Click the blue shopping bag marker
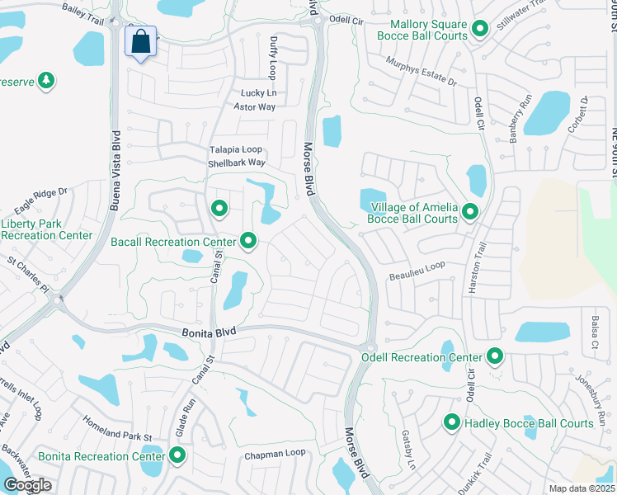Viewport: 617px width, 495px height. tap(141, 41)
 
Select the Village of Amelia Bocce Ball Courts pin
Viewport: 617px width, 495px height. tap(470, 213)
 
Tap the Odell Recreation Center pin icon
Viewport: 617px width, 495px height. tap(495, 357)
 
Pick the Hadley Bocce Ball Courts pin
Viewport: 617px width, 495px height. tap(452, 423)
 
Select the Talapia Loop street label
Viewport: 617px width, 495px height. tap(235, 149)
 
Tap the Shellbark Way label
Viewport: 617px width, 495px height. tap(236, 163)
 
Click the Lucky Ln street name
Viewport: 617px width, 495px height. tap(257, 93)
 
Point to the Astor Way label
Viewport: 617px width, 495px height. tap(254, 106)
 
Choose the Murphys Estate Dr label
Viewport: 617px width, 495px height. tap(422, 71)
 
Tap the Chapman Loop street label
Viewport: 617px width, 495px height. tap(274, 453)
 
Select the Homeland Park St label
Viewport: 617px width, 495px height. tap(117, 427)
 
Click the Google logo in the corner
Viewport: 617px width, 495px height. tap(27, 485)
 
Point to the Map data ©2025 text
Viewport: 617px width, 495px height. tap(582, 488)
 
